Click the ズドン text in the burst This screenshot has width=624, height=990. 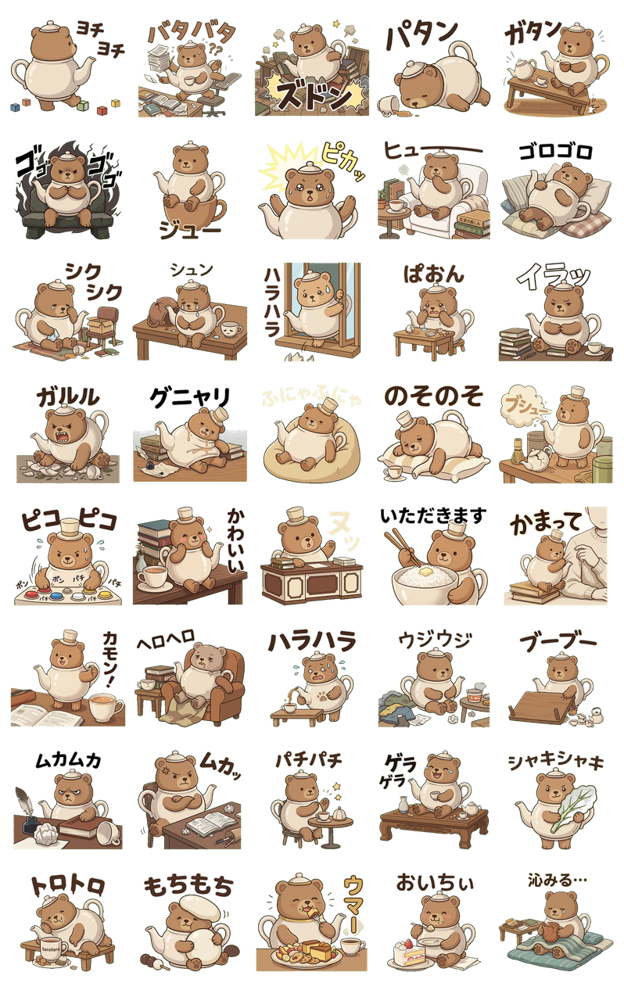point(312,94)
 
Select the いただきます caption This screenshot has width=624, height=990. point(432,516)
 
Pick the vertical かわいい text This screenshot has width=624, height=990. point(235,539)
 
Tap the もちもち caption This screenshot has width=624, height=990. point(188,885)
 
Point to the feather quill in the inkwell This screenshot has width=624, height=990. point(23,802)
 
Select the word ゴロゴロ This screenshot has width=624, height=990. point(558,152)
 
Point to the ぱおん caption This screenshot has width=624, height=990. point(433,274)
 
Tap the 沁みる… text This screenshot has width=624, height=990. point(557,879)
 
